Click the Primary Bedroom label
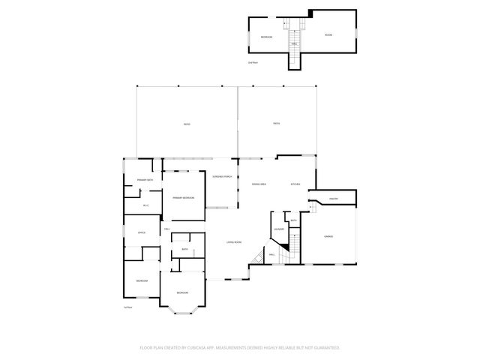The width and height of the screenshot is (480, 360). tap(183, 197)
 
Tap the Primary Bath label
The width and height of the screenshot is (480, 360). tap(145, 180)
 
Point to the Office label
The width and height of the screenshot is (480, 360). tap(141, 232)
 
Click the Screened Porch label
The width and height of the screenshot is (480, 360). tap(222, 177)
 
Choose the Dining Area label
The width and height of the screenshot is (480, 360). tap(259, 184)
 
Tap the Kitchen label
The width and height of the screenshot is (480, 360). tap(295, 184)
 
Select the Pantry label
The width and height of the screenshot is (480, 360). tap(334, 199)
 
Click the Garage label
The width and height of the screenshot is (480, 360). tap(328, 236)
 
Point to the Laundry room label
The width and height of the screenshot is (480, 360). tap(278, 229)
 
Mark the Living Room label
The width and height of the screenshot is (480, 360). tap(234, 241)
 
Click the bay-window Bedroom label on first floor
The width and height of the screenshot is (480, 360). tap(182, 292)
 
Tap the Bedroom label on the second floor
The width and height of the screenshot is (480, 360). tap(266, 37)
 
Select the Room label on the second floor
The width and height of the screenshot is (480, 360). tap(328, 35)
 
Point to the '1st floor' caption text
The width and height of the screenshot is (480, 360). tap(127, 307)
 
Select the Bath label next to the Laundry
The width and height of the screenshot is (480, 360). tap(294, 220)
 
